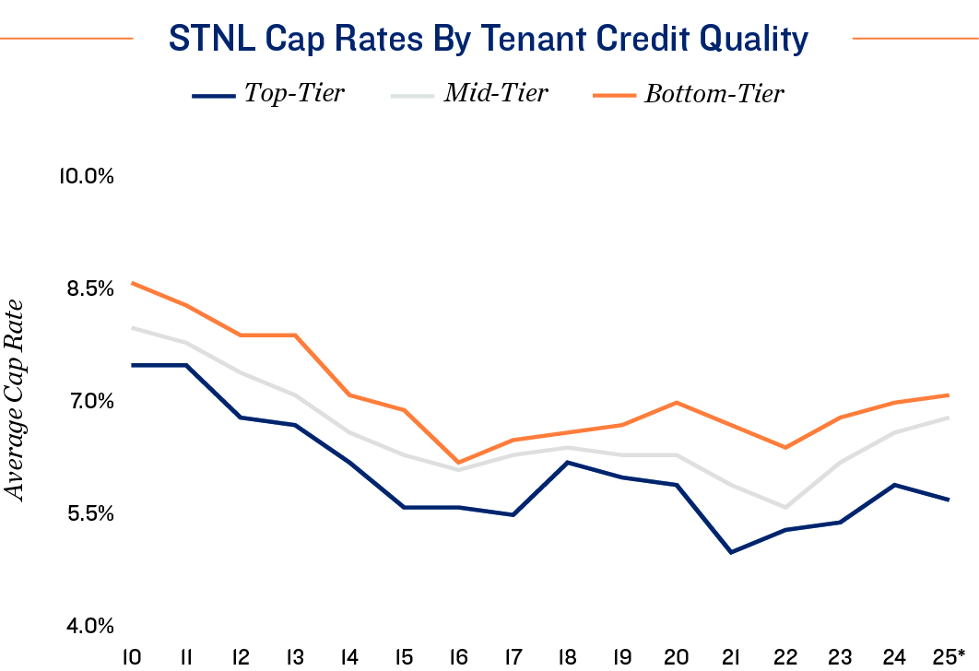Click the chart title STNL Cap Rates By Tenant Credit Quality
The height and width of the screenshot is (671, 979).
pyautogui.click(x=489, y=39)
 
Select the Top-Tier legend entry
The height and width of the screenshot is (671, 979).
pyautogui.click(x=293, y=94)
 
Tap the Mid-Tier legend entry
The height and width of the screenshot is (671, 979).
pyautogui.click(x=496, y=94)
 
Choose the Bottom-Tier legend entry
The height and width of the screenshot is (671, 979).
pyautogui.click(x=714, y=94)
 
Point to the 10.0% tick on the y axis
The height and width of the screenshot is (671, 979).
pyautogui.click(x=86, y=176)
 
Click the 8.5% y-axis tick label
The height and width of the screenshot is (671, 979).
pyautogui.click(x=88, y=288)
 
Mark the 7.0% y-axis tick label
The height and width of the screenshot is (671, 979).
pyautogui.click(x=88, y=401)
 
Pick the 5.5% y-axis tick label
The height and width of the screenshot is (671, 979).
pyautogui.click(x=88, y=513)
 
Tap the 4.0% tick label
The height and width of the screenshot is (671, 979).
pyautogui.click(x=88, y=626)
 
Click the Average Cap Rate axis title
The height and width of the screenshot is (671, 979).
pyautogui.click(x=16, y=402)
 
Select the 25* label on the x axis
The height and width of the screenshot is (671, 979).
pyautogui.click(x=950, y=656)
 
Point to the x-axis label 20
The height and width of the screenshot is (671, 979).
pyautogui.click(x=677, y=656)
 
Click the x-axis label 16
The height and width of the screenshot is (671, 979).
pyautogui.click(x=458, y=656)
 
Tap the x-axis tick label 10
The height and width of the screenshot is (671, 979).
pyautogui.click(x=132, y=656)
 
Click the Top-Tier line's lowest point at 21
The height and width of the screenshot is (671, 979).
pyautogui.click(x=731, y=552)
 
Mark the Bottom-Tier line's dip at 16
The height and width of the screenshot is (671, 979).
pyautogui.click(x=458, y=463)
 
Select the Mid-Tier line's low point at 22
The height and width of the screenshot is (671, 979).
pyautogui.click(x=785, y=507)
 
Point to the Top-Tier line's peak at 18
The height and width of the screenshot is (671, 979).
pyautogui.click(x=567, y=462)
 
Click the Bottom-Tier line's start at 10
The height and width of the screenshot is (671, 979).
pyautogui.click(x=132, y=283)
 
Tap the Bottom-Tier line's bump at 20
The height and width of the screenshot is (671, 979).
pyautogui.click(x=677, y=403)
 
